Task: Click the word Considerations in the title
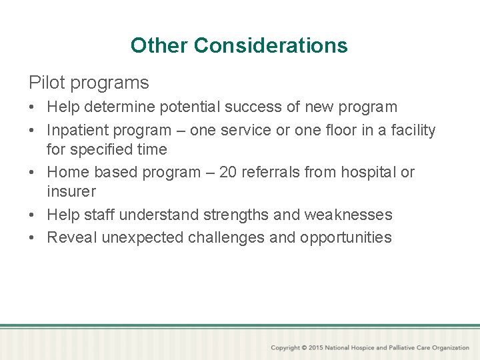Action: tap(271, 45)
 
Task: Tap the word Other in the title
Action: tap(159, 45)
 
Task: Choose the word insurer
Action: tap(71, 191)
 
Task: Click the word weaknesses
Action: tap(348, 215)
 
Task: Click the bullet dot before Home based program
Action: tap(33, 173)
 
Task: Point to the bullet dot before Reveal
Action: tap(33, 238)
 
